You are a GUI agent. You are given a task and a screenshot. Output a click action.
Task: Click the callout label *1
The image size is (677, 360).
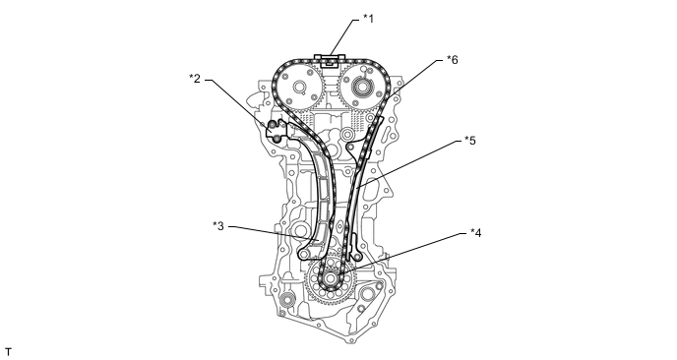pos(368,19)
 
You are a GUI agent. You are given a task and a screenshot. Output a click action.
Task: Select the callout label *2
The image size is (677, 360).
pos(195,79)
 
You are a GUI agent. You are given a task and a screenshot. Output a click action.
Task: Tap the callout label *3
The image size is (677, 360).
pos(218,226)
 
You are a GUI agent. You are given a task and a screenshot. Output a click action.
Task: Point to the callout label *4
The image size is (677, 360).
pos(475,233)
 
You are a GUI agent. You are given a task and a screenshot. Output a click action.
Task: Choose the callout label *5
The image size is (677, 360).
pos(469,141)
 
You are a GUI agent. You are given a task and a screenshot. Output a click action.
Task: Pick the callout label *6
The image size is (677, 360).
pos(452,60)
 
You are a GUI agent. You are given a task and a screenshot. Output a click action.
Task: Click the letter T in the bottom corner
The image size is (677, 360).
pos(8,352)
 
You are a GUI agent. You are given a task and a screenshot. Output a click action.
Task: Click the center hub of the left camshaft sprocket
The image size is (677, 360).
pos(298,88)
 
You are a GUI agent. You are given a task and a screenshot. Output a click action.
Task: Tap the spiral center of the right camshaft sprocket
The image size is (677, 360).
pos(361,88)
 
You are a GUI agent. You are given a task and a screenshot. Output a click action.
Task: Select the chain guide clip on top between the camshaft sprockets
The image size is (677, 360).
pos(330,60)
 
